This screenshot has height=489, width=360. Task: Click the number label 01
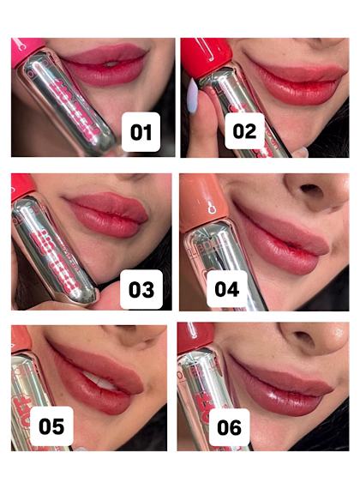[x=141, y=132]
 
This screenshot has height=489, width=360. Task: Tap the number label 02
[x=244, y=131]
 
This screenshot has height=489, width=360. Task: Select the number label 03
[x=141, y=288]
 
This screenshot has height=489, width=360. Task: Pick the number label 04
[x=226, y=289]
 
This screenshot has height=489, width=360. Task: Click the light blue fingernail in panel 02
[x=191, y=99]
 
